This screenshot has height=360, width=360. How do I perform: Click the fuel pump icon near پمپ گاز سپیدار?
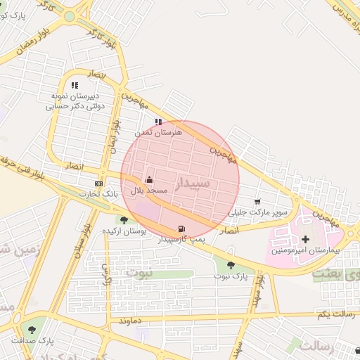pyautogui.click(x=183, y=229)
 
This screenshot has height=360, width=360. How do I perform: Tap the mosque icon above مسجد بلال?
pyautogui.click(x=148, y=180)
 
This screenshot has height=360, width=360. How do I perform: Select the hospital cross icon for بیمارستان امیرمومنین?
pyautogui.click(x=305, y=240)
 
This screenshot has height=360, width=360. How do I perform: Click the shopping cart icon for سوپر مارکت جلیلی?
pyautogui.click(x=257, y=202)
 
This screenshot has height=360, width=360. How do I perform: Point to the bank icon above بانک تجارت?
pyautogui.click(x=98, y=184)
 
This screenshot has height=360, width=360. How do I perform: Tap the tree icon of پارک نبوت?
pyautogui.click(x=231, y=265)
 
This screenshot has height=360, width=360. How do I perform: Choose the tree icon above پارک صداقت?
pyautogui.click(x=31, y=329)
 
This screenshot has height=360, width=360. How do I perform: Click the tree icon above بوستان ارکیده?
pyautogui.click(x=124, y=220)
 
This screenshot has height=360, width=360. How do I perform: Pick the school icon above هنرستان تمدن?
pyautogui.click(x=158, y=121)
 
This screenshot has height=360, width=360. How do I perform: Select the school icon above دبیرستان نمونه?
pyautogui.click(x=75, y=85)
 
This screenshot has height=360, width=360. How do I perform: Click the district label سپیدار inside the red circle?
pyautogui.click(x=191, y=184)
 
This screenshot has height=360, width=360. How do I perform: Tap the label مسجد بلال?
pyautogui.click(x=148, y=191)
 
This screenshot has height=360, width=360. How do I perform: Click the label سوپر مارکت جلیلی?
pyautogui.click(x=258, y=212)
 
